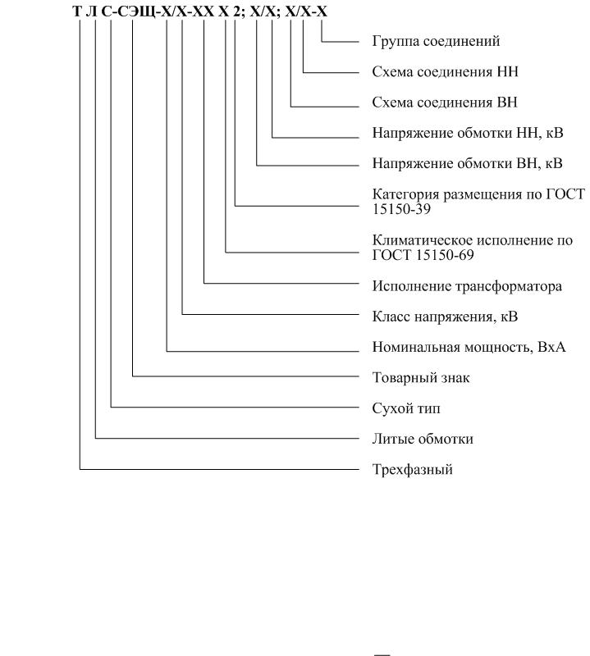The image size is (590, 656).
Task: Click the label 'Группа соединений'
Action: tap(436, 42)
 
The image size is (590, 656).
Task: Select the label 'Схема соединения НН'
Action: tap(445, 72)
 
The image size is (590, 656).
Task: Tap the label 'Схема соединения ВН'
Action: tap(445, 102)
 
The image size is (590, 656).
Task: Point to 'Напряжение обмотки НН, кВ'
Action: tap(468, 133)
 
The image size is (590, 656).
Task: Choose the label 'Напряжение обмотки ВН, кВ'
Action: tap(467, 163)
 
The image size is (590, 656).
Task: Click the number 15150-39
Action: tap(401, 209)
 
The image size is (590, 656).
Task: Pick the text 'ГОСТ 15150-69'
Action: tap(423, 255)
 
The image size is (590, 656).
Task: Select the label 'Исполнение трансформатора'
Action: tap(467, 286)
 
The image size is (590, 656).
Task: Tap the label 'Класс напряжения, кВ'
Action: tap(445, 317)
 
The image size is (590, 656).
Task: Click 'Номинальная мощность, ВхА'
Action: tap(469, 347)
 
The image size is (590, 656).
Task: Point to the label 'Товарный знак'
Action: tap(421, 378)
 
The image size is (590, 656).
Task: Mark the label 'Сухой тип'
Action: tap(406, 408)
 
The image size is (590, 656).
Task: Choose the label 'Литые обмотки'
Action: tap(423, 440)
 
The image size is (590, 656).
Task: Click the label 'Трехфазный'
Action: tap(413, 470)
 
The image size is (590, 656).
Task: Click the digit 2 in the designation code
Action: tap(237, 11)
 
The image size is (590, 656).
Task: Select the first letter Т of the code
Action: tap(77, 11)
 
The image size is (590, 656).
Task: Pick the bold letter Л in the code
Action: tap(91, 11)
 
